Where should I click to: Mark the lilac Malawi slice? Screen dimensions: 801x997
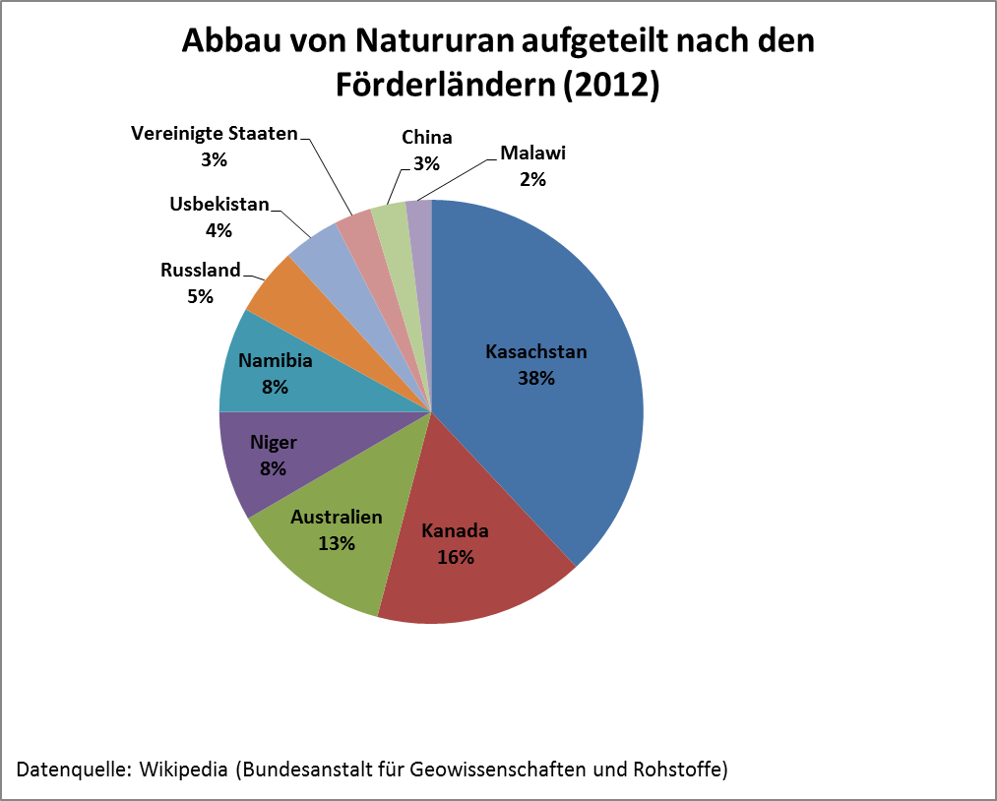click(x=419, y=212)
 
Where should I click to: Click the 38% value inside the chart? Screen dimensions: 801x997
click(x=536, y=377)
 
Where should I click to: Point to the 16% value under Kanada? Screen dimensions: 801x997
click(x=456, y=557)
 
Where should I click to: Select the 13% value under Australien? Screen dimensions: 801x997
click(x=337, y=542)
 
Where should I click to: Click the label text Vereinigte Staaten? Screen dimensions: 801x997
click(x=214, y=134)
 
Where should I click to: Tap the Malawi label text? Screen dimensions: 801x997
click(x=533, y=154)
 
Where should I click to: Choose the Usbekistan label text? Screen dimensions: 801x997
click(x=218, y=206)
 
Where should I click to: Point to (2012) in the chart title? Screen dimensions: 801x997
click(x=611, y=85)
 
